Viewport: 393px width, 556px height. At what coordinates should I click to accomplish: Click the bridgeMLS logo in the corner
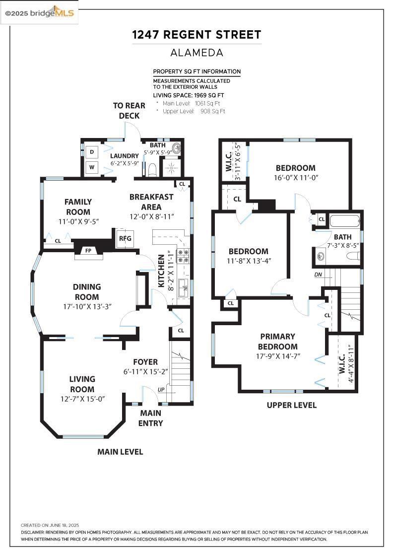pos(40,13)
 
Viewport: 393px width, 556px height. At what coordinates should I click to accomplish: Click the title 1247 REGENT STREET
pos(196,35)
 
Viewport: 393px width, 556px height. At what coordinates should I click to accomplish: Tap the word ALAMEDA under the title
pos(196,52)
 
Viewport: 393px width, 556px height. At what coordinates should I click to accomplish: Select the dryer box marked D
pos(92,152)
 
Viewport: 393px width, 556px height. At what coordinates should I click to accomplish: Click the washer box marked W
pos(92,167)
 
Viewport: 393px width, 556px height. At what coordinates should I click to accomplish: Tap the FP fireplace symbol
pos(88,251)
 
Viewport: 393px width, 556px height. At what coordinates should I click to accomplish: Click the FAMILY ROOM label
pos(78,207)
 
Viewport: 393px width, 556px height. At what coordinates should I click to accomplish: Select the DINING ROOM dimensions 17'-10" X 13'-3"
pos(87,306)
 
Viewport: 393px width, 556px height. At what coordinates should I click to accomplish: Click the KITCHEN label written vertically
pos(161,271)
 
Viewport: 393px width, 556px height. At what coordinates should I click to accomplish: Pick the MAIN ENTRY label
pos(151,418)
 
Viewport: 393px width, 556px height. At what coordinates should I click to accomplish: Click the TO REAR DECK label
pos(129,111)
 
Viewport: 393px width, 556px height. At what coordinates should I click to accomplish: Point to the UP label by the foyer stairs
pos(161,390)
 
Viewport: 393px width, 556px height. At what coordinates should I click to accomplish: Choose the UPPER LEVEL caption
pos(291,405)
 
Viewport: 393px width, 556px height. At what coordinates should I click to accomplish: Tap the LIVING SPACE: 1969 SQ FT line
pos(189,95)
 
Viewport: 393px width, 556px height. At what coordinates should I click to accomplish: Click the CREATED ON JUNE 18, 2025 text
pos(50,525)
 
